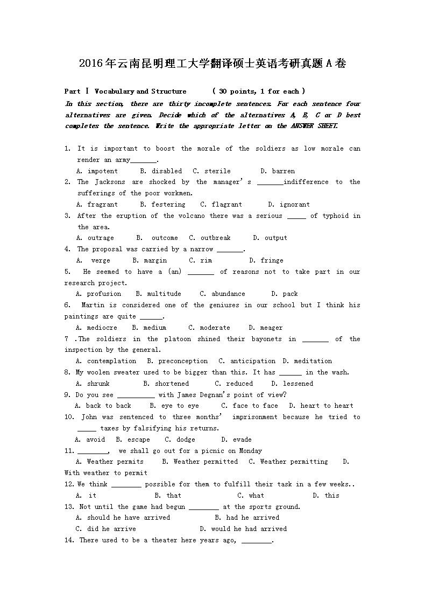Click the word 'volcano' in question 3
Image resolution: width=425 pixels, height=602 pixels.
tap(194, 216)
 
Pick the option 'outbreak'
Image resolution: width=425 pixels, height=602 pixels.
tap(215, 238)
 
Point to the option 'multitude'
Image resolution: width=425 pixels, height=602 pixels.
tap(164, 294)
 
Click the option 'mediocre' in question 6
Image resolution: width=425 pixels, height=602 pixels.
tap(102, 328)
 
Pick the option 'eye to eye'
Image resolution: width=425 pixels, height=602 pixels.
tap(180, 406)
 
